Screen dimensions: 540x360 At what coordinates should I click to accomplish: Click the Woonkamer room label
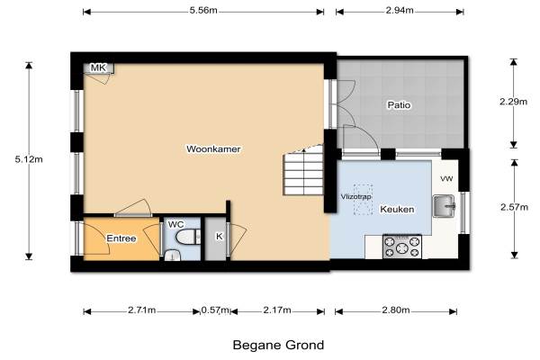click(x=213, y=149)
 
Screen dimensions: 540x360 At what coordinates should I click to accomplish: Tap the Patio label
click(x=399, y=104)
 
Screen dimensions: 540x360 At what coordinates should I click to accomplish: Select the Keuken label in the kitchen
click(x=397, y=209)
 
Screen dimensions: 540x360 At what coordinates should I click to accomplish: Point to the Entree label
click(x=121, y=238)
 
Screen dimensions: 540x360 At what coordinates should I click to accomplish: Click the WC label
click(x=175, y=225)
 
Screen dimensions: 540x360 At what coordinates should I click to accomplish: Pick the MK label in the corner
click(x=98, y=67)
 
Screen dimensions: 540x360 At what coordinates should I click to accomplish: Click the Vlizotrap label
click(x=355, y=197)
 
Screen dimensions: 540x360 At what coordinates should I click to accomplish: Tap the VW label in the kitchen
click(x=446, y=179)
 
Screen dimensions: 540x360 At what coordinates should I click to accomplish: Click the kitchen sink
click(x=444, y=206)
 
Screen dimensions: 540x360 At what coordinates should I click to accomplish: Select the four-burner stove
click(x=402, y=247)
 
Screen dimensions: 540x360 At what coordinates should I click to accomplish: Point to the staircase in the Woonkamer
click(x=303, y=170)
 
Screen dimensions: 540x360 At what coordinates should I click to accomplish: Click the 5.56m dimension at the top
click(x=203, y=10)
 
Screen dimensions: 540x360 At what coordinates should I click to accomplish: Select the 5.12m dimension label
click(x=29, y=159)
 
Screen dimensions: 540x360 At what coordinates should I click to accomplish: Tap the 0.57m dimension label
click(x=215, y=310)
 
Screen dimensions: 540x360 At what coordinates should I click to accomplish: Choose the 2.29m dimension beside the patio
click(x=513, y=102)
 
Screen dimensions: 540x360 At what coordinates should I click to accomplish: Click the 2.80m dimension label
click(x=396, y=310)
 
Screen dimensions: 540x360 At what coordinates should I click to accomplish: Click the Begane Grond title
click(x=278, y=345)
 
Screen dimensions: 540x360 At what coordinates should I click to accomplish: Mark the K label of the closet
click(x=219, y=237)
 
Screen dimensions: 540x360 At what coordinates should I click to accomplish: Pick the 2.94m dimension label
click(x=400, y=10)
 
